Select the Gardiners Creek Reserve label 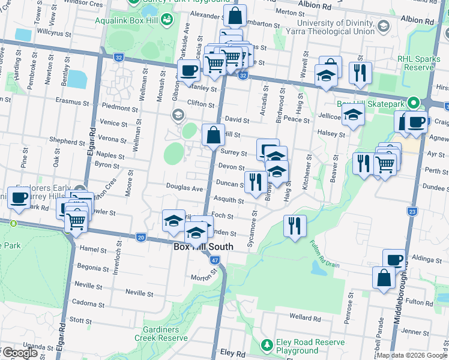(x=166, y=334)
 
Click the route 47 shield (x=215, y=260)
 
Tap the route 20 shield (x=140, y=238)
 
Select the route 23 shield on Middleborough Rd (x=412, y=211)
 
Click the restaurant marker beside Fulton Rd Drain (x=295, y=226)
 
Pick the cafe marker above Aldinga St (x=394, y=260)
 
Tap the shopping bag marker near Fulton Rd (x=384, y=278)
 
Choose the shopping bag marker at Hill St (x=213, y=135)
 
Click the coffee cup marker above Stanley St (x=188, y=71)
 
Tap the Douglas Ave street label (x=185, y=188)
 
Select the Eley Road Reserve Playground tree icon (x=267, y=345)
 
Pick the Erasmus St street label (x=71, y=102)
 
